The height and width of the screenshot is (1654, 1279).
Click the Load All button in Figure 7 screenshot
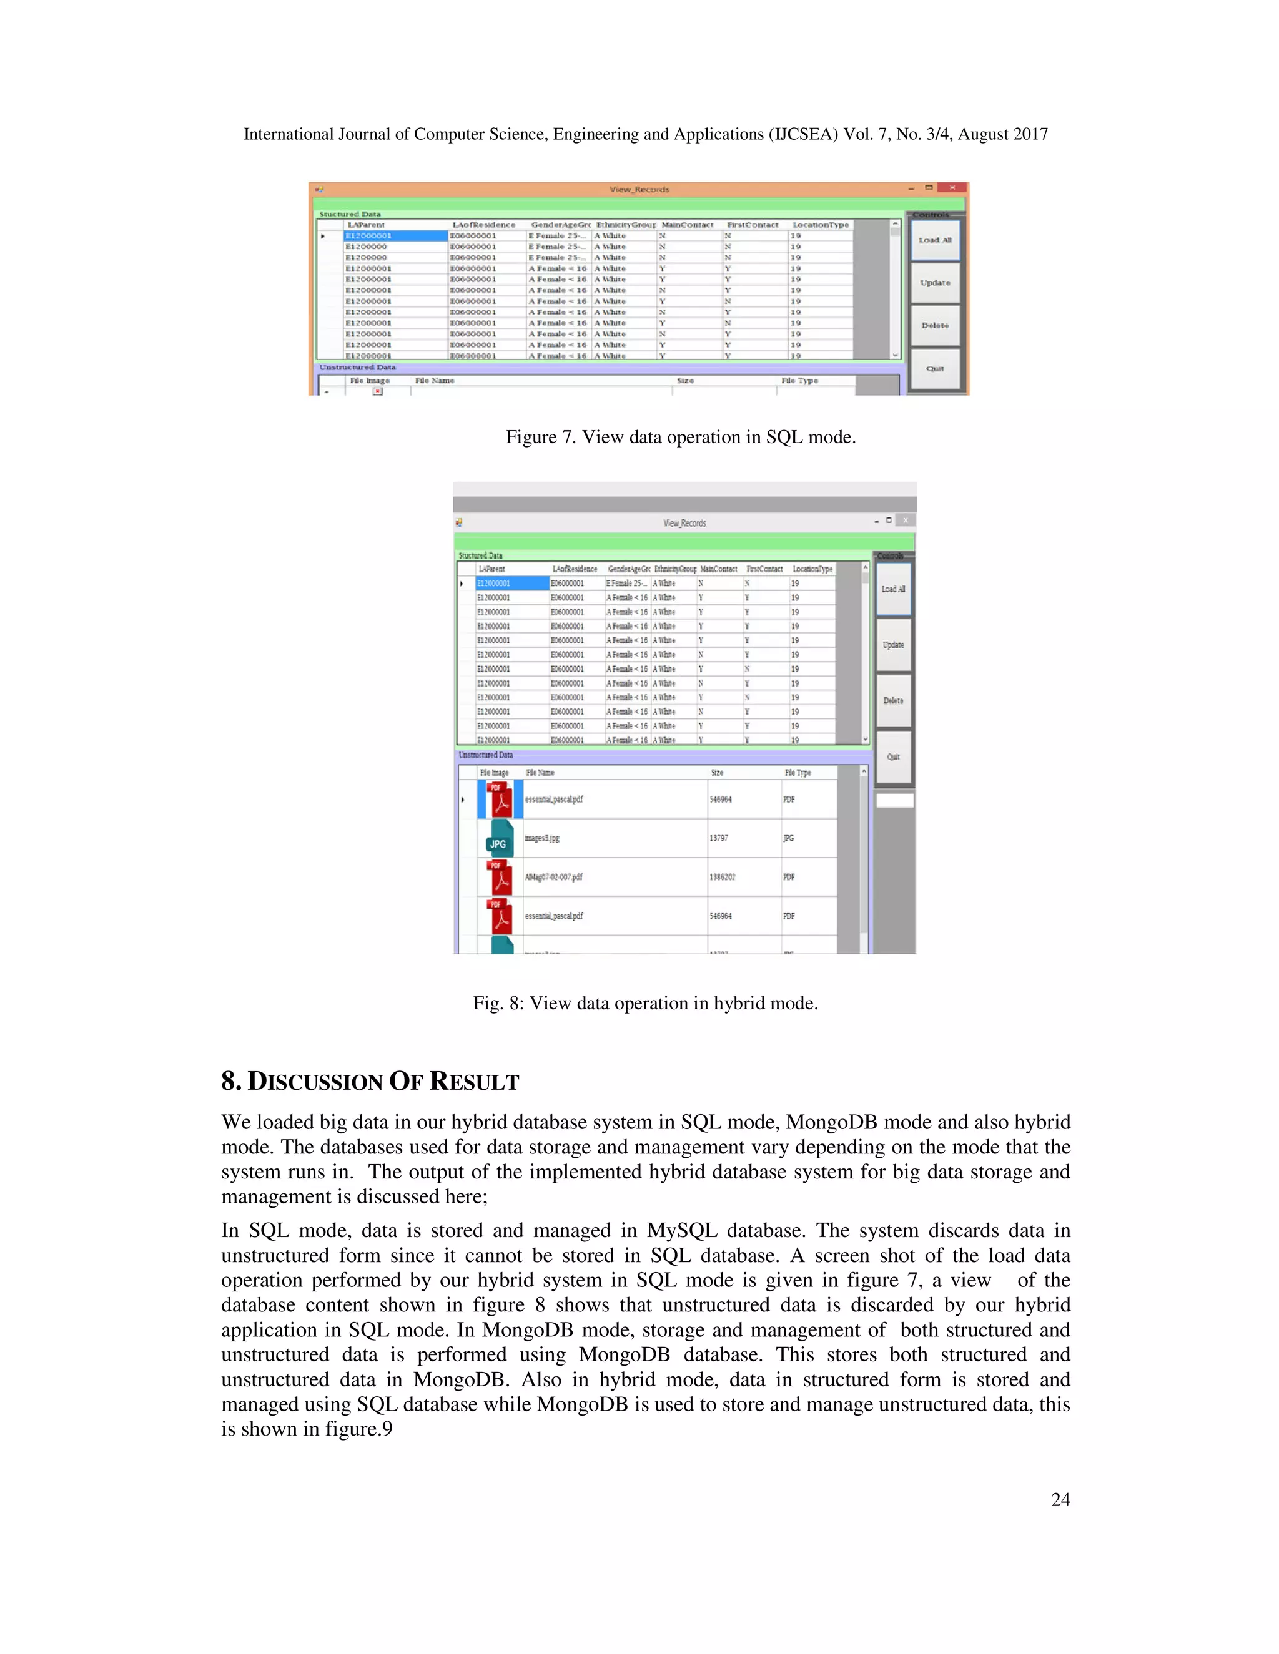[x=935, y=240]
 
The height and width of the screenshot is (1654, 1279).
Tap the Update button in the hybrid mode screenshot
[x=893, y=645]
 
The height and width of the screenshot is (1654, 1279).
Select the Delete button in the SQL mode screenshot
[x=935, y=326]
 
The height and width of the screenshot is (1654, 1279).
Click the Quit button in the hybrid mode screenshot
[x=893, y=757]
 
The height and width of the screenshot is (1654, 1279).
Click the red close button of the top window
[x=952, y=188]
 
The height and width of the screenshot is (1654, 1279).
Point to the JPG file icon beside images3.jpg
[x=498, y=838]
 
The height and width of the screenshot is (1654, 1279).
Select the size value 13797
[x=719, y=838]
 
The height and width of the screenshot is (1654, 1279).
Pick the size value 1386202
[x=722, y=877]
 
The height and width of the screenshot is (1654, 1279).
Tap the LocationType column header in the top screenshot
[x=821, y=225]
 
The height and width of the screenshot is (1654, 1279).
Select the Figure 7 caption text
[x=681, y=437]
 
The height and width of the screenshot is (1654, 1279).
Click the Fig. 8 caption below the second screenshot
[x=644, y=1004]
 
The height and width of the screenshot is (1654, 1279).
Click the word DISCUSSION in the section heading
[x=315, y=1082]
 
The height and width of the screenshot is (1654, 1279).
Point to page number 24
[x=1060, y=1499]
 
